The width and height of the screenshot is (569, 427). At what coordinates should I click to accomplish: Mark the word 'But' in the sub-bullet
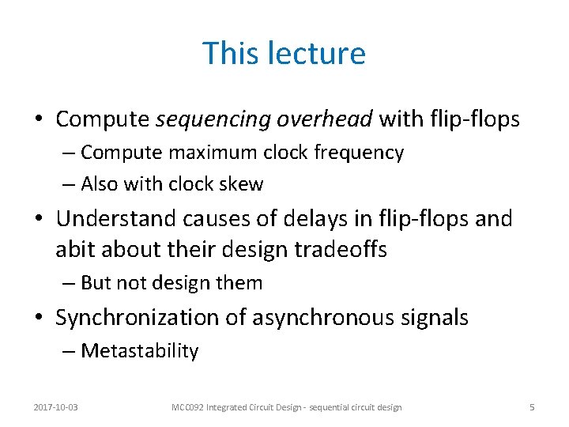pos(96,283)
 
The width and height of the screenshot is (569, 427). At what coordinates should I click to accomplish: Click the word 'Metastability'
pos(139,351)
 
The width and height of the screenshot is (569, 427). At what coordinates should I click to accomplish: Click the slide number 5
pos(532,407)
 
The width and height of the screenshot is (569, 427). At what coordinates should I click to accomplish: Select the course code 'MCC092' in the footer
pos(188,407)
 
